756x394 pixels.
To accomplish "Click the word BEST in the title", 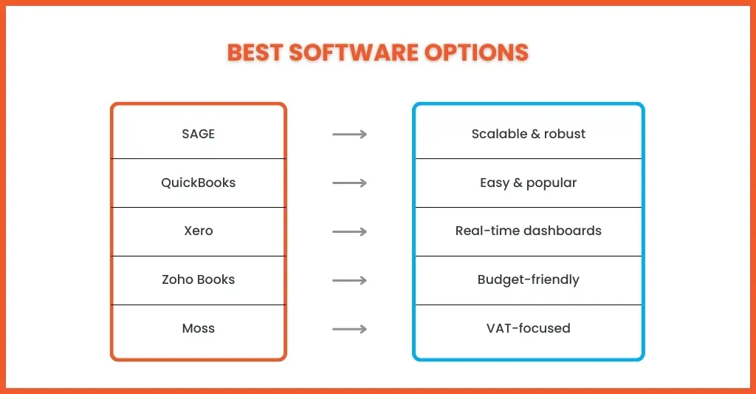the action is pyautogui.click(x=255, y=52).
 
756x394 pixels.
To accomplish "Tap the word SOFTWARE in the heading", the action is pyautogui.click(x=354, y=52).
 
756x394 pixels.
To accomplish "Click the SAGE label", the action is pyautogui.click(x=198, y=134).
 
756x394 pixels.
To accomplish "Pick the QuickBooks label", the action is pyautogui.click(x=198, y=183).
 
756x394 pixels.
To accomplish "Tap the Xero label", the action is pyautogui.click(x=198, y=231).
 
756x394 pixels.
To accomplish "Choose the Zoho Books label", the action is pyautogui.click(x=198, y=279).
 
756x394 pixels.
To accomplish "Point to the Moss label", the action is pyautogui.click(x=198, y=328).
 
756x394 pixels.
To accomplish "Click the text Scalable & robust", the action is pyautogui.click(x=529, y=134).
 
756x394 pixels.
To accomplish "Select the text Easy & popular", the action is pyautogui.click(x=529, y=183).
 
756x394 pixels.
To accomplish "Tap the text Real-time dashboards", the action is pyautogui.click(x=529, y=231).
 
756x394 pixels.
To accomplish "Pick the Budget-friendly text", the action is pyautogui.click(x=529, y=280).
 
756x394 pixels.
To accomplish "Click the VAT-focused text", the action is pyautogui.click(x=529, y=328).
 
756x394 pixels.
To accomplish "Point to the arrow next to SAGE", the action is pyautogui.click(x=349, y=135).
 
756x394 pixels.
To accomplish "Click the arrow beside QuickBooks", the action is pyautogui.click(x=349, y=183).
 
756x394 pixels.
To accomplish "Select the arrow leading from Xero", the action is pyautogui.click(x=349, y=232).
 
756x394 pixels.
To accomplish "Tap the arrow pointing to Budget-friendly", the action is pyautogui.click(x=349, y=281).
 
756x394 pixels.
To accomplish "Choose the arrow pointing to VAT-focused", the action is pyautogui.click(x=349, y=329).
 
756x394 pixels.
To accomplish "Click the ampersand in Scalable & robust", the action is pyautogui.click(x=535, y=135).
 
